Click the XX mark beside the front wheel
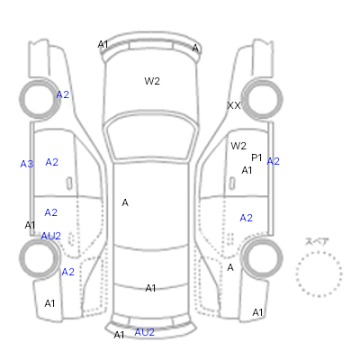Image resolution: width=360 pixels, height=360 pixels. pos(234,105)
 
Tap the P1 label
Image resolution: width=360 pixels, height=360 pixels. pos(256,157)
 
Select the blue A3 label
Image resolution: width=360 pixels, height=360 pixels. pos(26,164)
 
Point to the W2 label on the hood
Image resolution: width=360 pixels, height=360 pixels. pos(152,81)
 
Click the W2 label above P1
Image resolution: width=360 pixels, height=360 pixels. pos(238,146)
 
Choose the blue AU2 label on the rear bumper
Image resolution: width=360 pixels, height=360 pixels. pos(144,332)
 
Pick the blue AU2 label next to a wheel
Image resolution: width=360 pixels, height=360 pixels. pos(50,236)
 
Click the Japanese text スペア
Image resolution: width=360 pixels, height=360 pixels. pos(317,241)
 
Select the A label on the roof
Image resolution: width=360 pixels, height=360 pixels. pos(125,203)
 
